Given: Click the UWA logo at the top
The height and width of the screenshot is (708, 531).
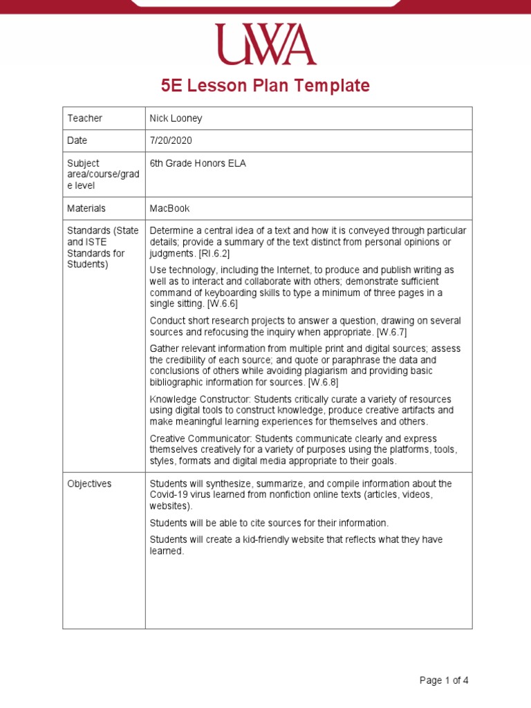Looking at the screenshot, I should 265,44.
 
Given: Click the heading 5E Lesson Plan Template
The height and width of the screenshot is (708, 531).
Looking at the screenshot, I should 265,86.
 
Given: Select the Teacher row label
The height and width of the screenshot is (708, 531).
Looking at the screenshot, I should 84,118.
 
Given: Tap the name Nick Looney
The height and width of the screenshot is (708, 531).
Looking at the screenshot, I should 176,118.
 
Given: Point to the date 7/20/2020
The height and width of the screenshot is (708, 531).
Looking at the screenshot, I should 171,140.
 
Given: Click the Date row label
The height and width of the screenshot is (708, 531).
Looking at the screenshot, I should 77,140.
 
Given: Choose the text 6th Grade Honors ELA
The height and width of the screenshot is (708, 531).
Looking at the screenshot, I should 198,164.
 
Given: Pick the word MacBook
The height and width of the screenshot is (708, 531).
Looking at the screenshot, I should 169,208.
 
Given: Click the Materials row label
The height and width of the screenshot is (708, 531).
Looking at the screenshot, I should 86,208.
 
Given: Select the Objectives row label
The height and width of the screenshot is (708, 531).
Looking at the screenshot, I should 89,484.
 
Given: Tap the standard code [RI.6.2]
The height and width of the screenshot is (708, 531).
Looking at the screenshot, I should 214,254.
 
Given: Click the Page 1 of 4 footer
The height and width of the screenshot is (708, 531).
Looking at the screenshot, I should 444,680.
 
